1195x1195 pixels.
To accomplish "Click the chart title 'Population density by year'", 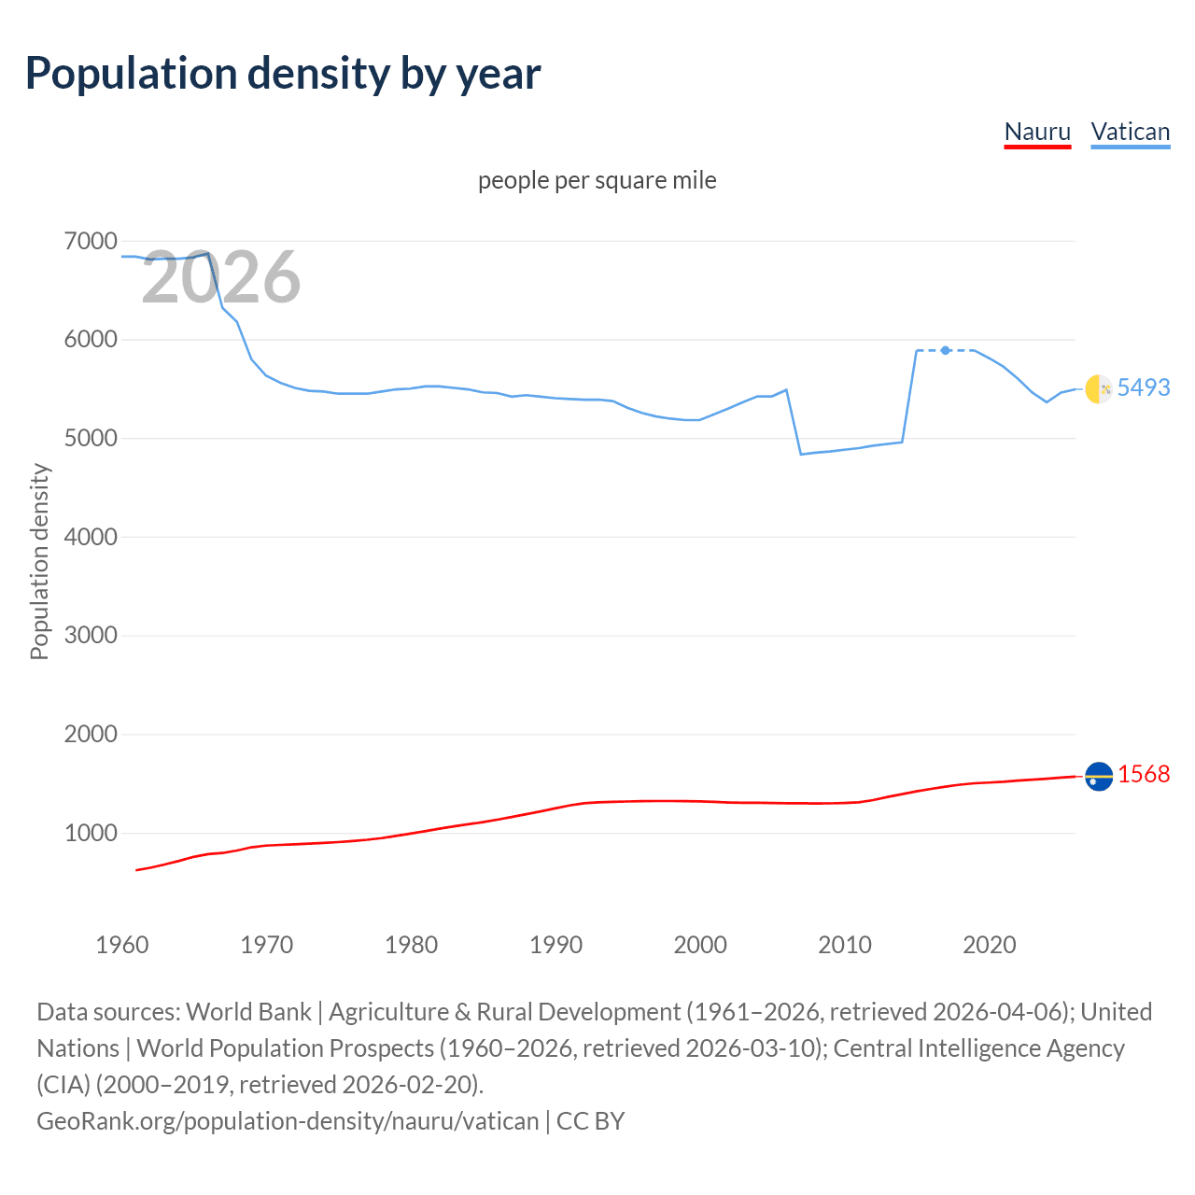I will [x=283, y=74].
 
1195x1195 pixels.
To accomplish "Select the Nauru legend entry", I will [x=1037, y=132].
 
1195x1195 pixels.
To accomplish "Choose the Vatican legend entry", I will [x=1131, y=132].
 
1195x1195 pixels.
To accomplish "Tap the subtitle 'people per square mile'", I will [x=597, y=180].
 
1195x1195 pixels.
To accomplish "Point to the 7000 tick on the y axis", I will [x=91, y=242].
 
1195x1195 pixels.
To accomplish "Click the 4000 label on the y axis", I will [x=91, y=537].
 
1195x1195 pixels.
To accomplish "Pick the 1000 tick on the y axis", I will [x=91, y=833].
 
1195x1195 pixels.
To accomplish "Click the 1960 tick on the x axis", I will [x=122, y=945].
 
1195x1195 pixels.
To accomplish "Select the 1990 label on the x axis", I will [x=555, y=945].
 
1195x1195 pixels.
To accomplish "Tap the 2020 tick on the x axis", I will [x=989, y=945].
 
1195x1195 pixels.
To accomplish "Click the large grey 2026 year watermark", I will [x=221, y=277].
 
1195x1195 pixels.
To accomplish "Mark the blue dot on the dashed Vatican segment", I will [x=946, y=350].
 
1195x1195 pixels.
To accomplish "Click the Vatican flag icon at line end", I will [x=1099, y=388].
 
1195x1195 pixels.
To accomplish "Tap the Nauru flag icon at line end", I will [x=1099, y=776].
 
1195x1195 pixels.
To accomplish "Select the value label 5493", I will [x=1144, y=387].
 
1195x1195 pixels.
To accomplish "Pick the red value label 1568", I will [x=1144, y=774].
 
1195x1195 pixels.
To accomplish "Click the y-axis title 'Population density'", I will [x=39, y=562].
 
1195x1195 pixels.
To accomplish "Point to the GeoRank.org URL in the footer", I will [x=288, y=1120].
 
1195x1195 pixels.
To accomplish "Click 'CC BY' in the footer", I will [x=590, y=1120].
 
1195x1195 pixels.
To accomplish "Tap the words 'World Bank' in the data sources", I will [x=248, y=1012].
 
